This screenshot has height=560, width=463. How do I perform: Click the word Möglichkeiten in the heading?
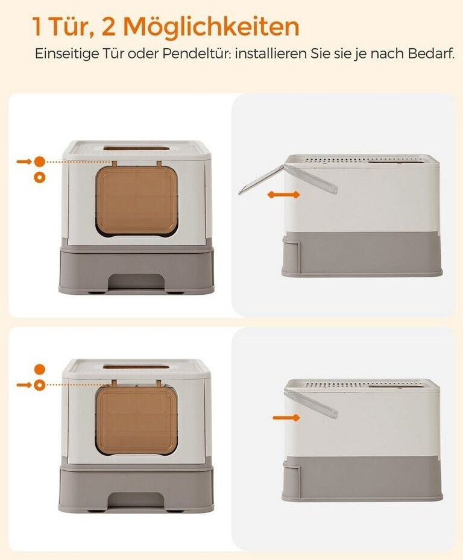pyautogui.click(x=211, y=27)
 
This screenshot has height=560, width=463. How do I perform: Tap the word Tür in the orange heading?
pyautogui.click(x=65, y=27)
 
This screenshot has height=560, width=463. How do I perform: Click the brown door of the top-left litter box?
pyautogui.click(x=137, y=200)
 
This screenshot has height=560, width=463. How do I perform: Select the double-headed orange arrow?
pyautogui.click(x=284, y=195)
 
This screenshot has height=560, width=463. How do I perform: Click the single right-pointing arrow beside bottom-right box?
pyautogui.click(x=286, y=418)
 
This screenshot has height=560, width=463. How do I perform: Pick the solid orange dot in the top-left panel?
pyautogui.click(x=40, y=162)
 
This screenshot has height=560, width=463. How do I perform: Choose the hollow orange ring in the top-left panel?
pyautogui.click(x=40, y=177)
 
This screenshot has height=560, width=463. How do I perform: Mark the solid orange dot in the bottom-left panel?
pyautogui.click(x=40, y=370)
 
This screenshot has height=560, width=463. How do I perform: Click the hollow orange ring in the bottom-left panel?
pyautogui.click(x=40, y=385)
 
